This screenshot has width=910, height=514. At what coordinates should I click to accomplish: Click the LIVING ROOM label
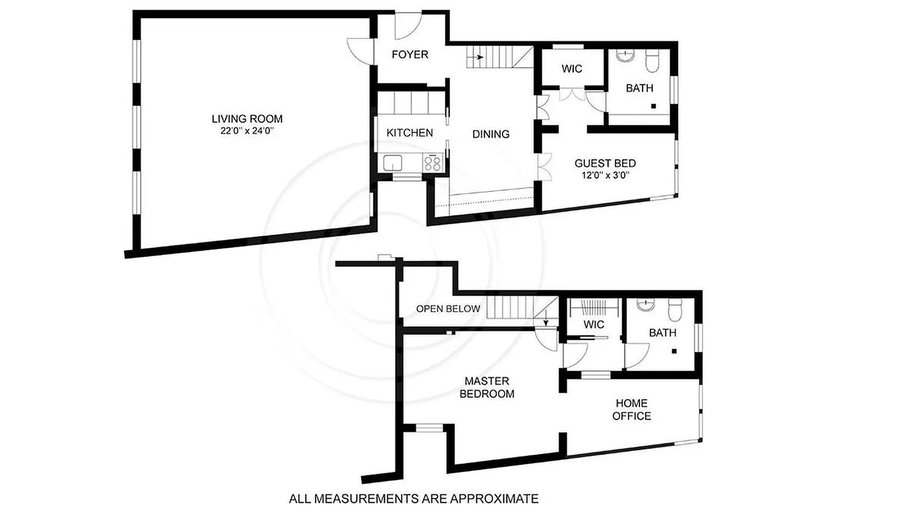click(x=247, y=119)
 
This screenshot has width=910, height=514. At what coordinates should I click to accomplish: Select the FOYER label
click(x=409, y=55)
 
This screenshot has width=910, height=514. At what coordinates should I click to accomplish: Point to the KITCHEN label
click(x=409, y=133)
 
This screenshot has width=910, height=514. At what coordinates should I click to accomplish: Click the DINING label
click(x=490, y=134)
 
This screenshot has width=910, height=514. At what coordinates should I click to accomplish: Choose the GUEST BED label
click(x=605, y=163)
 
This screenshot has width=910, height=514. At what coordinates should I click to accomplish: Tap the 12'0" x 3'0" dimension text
click(x=605, y=175)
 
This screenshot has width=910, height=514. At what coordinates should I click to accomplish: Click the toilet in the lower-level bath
click(x=652, y=62)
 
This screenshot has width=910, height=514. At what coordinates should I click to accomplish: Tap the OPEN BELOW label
click(x=448, y=308)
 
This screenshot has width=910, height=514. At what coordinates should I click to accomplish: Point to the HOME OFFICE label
click(x=631, y=409)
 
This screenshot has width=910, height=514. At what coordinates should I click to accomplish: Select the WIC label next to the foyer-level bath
click(x=571, y=68)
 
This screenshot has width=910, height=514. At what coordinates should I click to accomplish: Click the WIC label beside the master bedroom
click(x=594, y=324)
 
